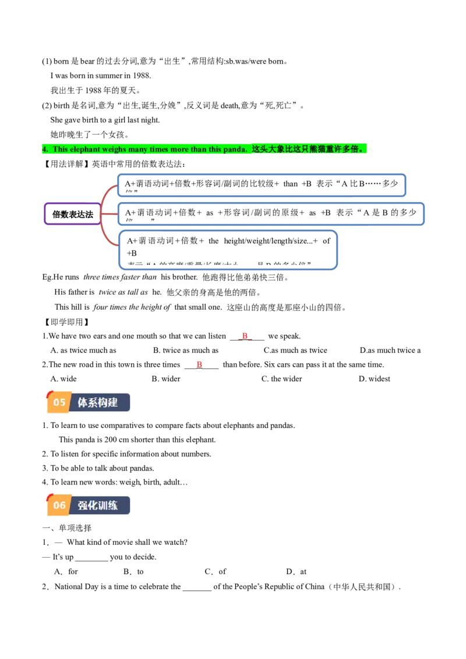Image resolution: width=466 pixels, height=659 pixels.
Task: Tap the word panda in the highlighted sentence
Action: [x=235, y=149]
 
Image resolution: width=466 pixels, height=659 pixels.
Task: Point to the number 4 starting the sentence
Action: [x=44, y=149]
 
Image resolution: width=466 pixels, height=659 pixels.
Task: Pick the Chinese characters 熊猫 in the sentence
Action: [x=317, y=149]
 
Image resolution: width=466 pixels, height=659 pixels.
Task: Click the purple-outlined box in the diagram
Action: [x=72, y=214]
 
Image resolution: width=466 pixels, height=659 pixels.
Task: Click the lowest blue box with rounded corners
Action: [x=228, y=250]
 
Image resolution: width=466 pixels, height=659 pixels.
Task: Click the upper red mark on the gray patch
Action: [x=245, y=336]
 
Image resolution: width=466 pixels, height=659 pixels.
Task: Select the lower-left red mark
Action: [x=199, y=364]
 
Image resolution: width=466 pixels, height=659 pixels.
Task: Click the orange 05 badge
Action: [x=59, y=402]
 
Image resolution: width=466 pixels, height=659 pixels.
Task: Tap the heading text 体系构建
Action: [x=98, y=402]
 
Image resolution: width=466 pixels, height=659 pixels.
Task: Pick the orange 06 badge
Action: [x=59, y=505]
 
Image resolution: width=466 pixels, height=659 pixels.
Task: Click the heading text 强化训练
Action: [x=98, y=505]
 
